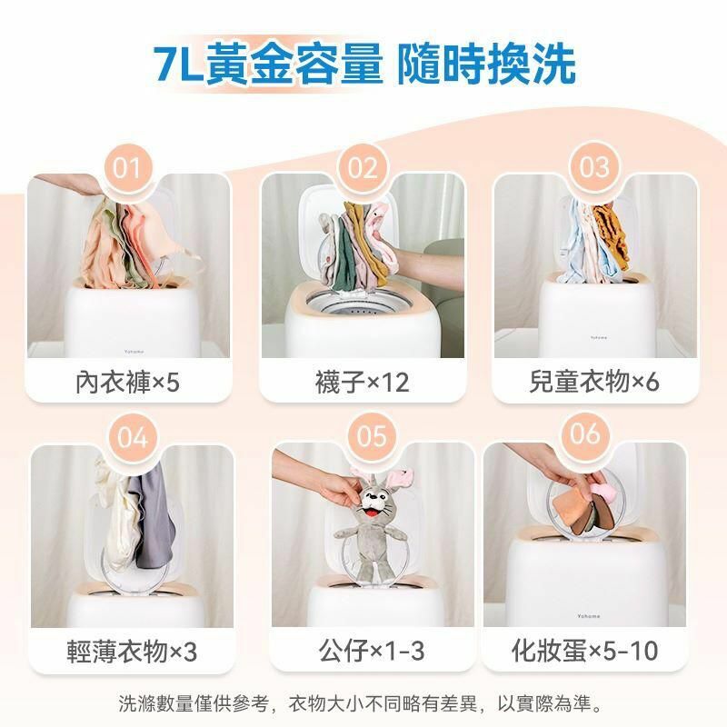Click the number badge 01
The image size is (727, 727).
pyautogui.click(x=127, y=168)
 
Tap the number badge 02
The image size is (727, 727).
pyautogui.click(x=362, y=168)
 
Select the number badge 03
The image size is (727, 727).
pyautogui.click(x=594, y=167)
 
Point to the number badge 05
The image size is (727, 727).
pyautogui.click(x=372, y=436)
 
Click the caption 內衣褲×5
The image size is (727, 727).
pyautogui.click(x=127, y=382)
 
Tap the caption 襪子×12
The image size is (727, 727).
pyautogui.click(x=362, y=382)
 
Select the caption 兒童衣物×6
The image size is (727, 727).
pyautogui.click(x=594, y=382)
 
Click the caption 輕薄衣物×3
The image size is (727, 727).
pyautogui.click(x=132, y=651)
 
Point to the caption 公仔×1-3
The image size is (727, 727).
pyautogui.click(x=372, y=651)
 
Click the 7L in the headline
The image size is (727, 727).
pyautogui.click(x=178, y=64)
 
